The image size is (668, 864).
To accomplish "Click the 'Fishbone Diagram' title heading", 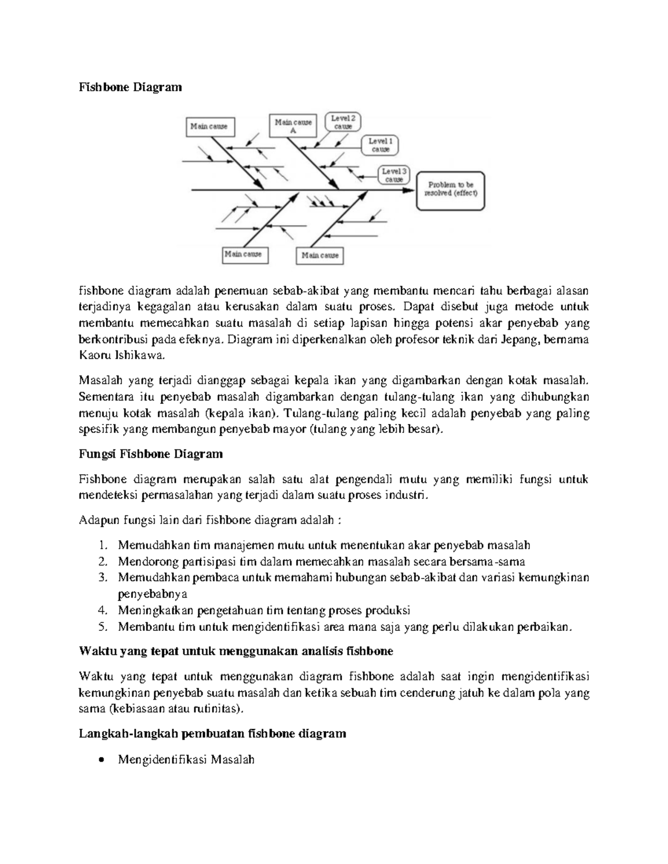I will tap(130, 87).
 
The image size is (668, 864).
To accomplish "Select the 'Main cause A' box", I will tap(293, 126).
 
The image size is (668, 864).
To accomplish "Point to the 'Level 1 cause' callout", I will tap(381, 145).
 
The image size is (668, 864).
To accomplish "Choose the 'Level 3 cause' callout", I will tap(394, 175).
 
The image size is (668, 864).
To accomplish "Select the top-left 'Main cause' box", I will tap(209, 126).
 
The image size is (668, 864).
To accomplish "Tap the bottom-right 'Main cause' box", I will tap(320, 255).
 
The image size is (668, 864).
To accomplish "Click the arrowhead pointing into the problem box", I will tap(409, 190).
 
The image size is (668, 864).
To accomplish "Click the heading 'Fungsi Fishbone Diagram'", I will tap(150, 454).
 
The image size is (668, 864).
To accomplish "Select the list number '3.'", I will tap(102, 577).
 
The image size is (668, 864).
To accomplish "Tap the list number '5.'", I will tap(102, 626).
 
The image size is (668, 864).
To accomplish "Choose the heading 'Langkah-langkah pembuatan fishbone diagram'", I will tap(212, 734).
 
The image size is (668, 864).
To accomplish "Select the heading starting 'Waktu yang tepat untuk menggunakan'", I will tap(236, 651).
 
